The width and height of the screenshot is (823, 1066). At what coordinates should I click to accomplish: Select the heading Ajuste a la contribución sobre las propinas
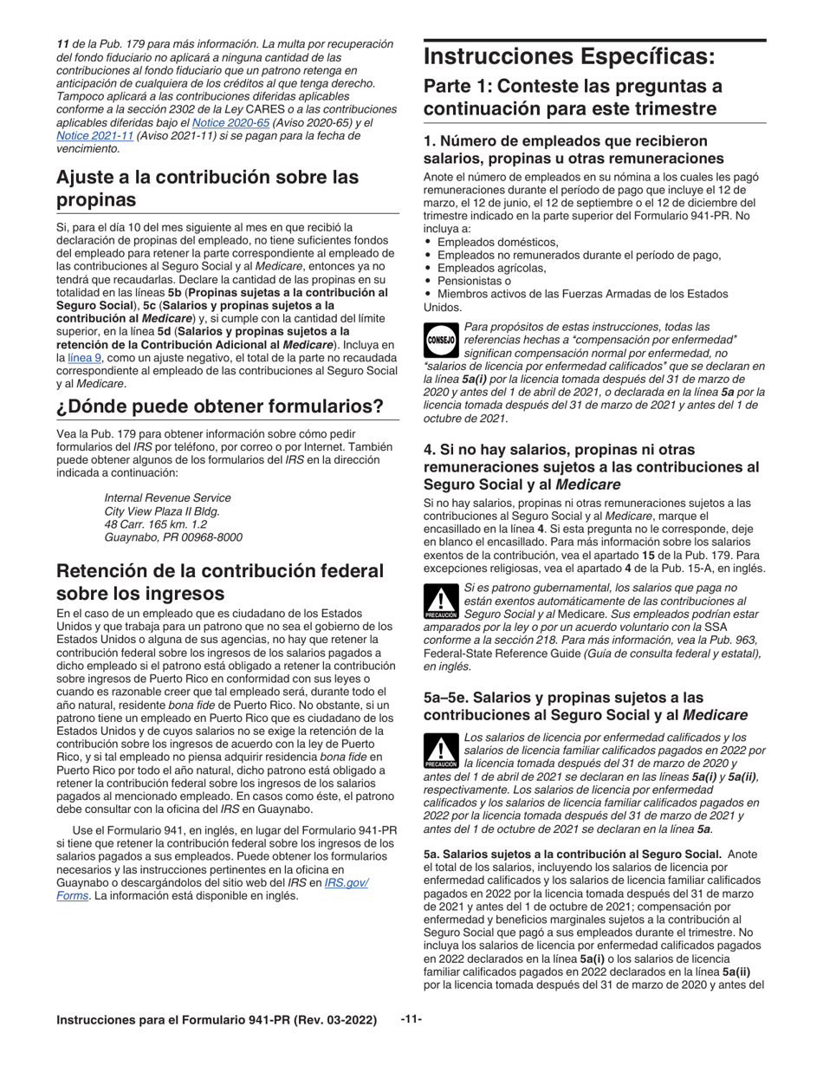[207, 188]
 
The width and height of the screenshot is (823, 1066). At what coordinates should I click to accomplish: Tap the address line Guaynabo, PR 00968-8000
[173, 537]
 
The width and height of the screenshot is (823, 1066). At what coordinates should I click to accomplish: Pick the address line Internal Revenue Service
[167, 497]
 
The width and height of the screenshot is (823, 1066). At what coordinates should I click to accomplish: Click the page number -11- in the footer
[411, 1019]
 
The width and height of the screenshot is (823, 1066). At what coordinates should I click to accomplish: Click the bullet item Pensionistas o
[474, 281]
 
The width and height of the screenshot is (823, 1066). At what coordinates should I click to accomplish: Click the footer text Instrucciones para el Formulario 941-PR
[217, 1020]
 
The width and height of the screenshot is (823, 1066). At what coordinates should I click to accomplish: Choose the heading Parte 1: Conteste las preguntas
[572, 97]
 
